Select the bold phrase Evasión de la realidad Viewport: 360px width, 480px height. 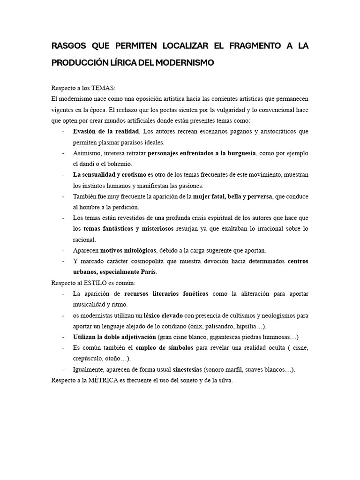pyautogui.click(x=106, y=131)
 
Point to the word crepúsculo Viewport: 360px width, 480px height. pyautogui.click(x=90, y=358)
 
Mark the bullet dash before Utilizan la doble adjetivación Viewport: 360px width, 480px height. pyautogui.click(x=63, y=337)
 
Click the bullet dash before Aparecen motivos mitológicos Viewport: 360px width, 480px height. pyautogui.click(x=63, y=250)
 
